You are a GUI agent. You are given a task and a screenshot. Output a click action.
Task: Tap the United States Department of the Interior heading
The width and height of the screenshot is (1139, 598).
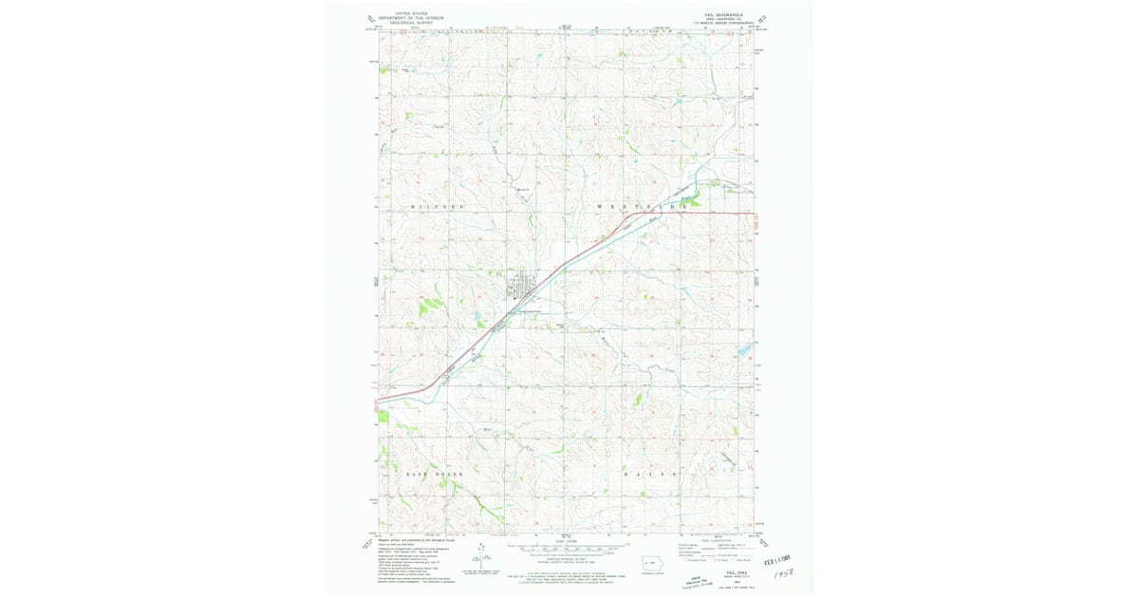411,17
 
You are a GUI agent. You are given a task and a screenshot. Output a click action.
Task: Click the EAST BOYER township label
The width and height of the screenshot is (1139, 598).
436,473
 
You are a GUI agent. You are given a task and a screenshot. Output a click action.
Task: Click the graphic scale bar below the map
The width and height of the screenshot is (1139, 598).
568,547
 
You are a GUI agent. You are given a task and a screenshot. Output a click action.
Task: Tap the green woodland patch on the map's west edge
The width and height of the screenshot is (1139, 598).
383,416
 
